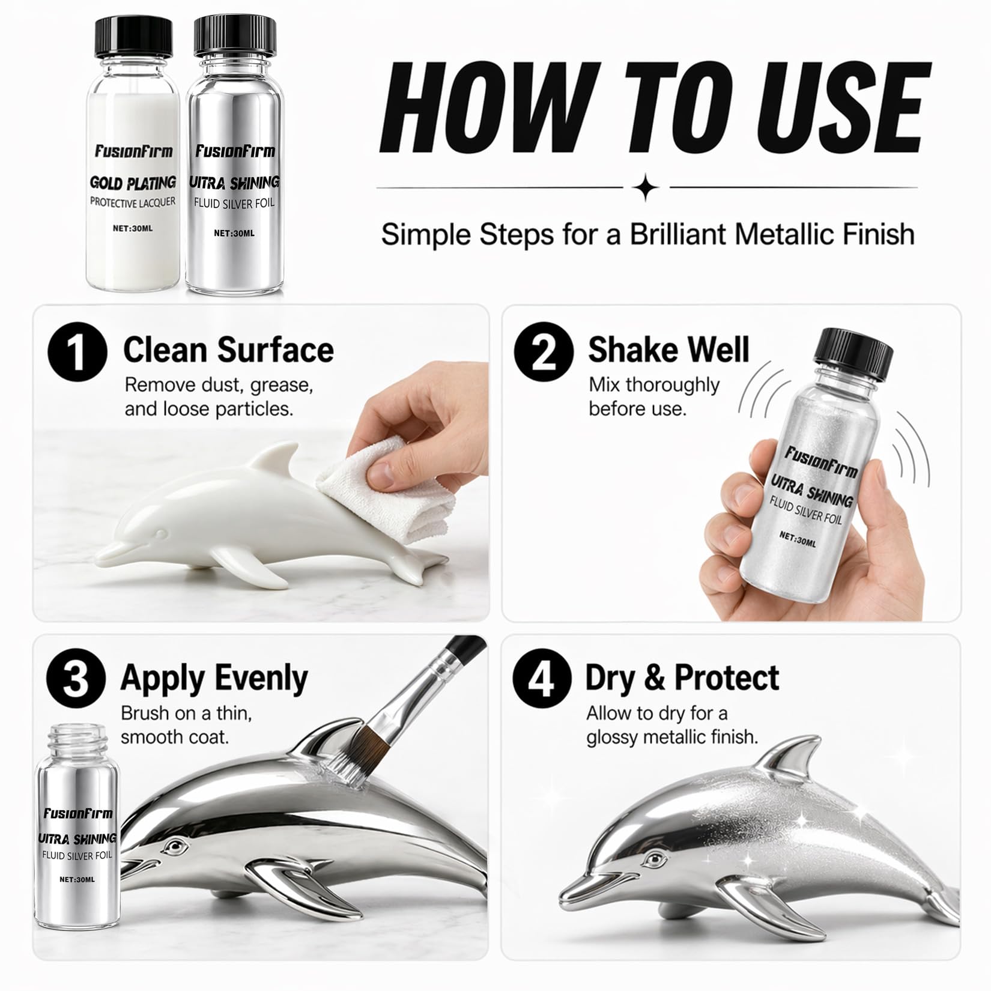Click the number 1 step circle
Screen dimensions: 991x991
tap(77, 351)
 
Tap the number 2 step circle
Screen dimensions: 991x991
tap(544, 351)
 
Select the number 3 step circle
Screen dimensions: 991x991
tap(76, 678)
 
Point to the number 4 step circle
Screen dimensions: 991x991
tap(542, 678)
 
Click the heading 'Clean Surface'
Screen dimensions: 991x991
tap(228, 350)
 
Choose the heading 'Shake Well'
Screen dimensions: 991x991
tap(668, 350)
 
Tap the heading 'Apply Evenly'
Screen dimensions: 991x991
tap(214, 679)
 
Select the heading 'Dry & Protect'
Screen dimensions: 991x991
tap(682, 677)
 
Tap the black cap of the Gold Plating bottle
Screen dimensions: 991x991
tap(133, 37)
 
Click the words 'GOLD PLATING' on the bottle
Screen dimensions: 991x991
tap(133, 183)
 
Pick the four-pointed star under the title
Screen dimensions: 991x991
tap(647, 188)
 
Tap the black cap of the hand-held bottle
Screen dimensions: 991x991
tap(853, 354)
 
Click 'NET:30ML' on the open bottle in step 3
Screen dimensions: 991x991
tap(77, 880)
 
